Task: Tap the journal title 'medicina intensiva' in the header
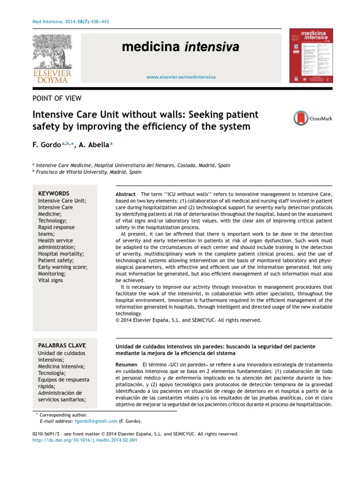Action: coord(180,47)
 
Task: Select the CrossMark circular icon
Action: coord(301,119)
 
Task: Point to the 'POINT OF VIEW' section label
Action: coord(57,98)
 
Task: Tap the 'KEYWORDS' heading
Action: coord(53,193)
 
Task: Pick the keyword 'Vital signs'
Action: coord(50,280)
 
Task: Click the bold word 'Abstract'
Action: coord(126,194)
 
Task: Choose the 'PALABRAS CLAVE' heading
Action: coord(61,345)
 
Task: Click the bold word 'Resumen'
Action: coord(127,364)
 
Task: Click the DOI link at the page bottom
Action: coord(84,441)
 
